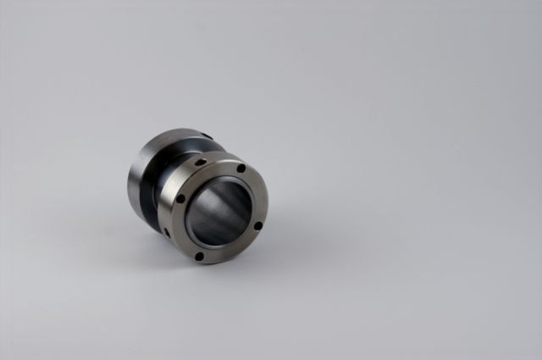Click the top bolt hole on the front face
pyautogui.click(x=241, y=169)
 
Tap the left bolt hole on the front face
pyautogui.click(x=180, y=199)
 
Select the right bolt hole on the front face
pyautogui.click(x=258, y=226)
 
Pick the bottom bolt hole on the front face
pyautogui.click(x=199, y=256)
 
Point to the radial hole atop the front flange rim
pyautogui.click(x=201, y=161)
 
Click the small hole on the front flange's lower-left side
pyautogui.click(x=167, y=231)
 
